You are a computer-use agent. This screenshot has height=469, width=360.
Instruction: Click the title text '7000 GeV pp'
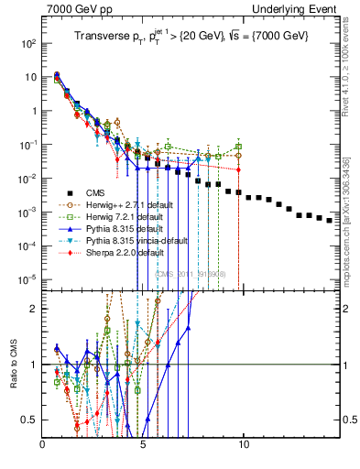click(73, 9)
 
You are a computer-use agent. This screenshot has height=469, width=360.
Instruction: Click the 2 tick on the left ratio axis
click(35, 309)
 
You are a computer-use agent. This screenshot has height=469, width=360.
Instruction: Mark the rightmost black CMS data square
click(330, 220)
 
